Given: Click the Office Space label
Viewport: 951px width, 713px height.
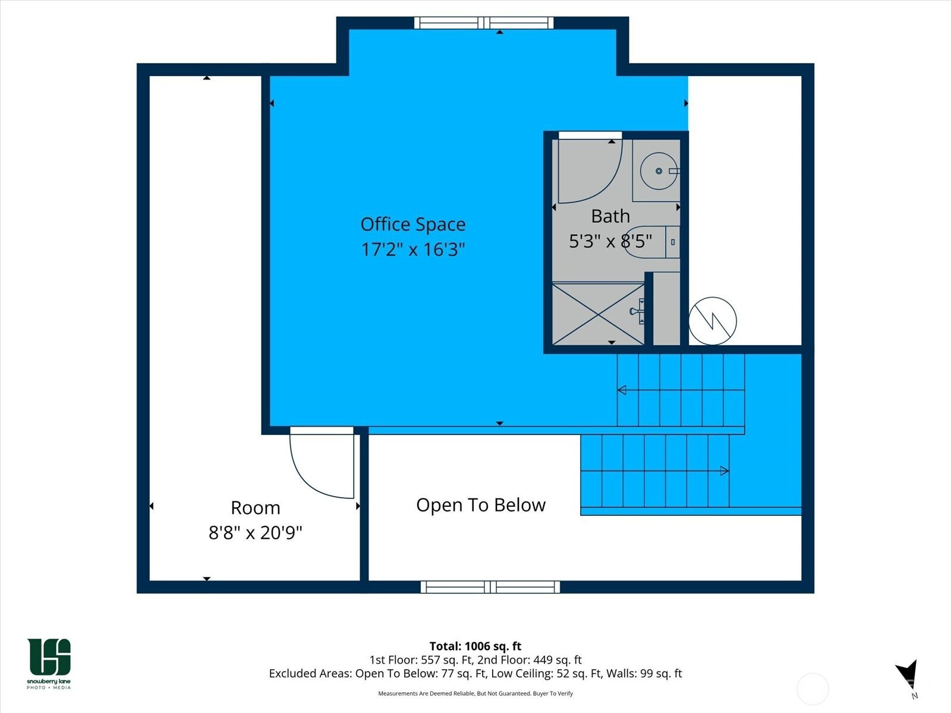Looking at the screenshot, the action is [x=413, y=224].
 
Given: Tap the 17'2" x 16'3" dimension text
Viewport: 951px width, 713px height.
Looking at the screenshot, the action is [x=413, y=250].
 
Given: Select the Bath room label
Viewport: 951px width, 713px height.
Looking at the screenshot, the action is [x=610, y=216].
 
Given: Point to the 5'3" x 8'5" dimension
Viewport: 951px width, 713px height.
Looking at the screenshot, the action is [x=610, y=241].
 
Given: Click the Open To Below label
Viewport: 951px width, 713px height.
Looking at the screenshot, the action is [x=481, y=505].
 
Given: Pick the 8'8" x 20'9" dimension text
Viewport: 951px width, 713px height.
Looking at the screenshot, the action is [x=255, y=532].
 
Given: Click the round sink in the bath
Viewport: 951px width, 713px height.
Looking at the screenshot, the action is [x=659, y=171].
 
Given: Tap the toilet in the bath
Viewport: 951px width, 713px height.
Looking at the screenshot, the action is [x=653, y=242].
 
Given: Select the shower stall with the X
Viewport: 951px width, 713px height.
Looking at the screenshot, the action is [x=599, y=314].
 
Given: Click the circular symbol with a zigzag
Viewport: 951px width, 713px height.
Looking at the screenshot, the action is [x=713, y=321].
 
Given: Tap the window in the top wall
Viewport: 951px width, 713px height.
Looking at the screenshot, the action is [x=484, y=23].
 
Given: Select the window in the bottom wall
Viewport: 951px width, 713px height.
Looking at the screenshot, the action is [x=490, y=587].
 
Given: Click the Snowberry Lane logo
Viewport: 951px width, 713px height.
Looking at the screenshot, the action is [x=49, y=663].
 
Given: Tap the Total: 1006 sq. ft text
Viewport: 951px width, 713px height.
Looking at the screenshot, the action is [x=475, y=646].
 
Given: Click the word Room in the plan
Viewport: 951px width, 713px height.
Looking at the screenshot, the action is [x=255, y=508].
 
